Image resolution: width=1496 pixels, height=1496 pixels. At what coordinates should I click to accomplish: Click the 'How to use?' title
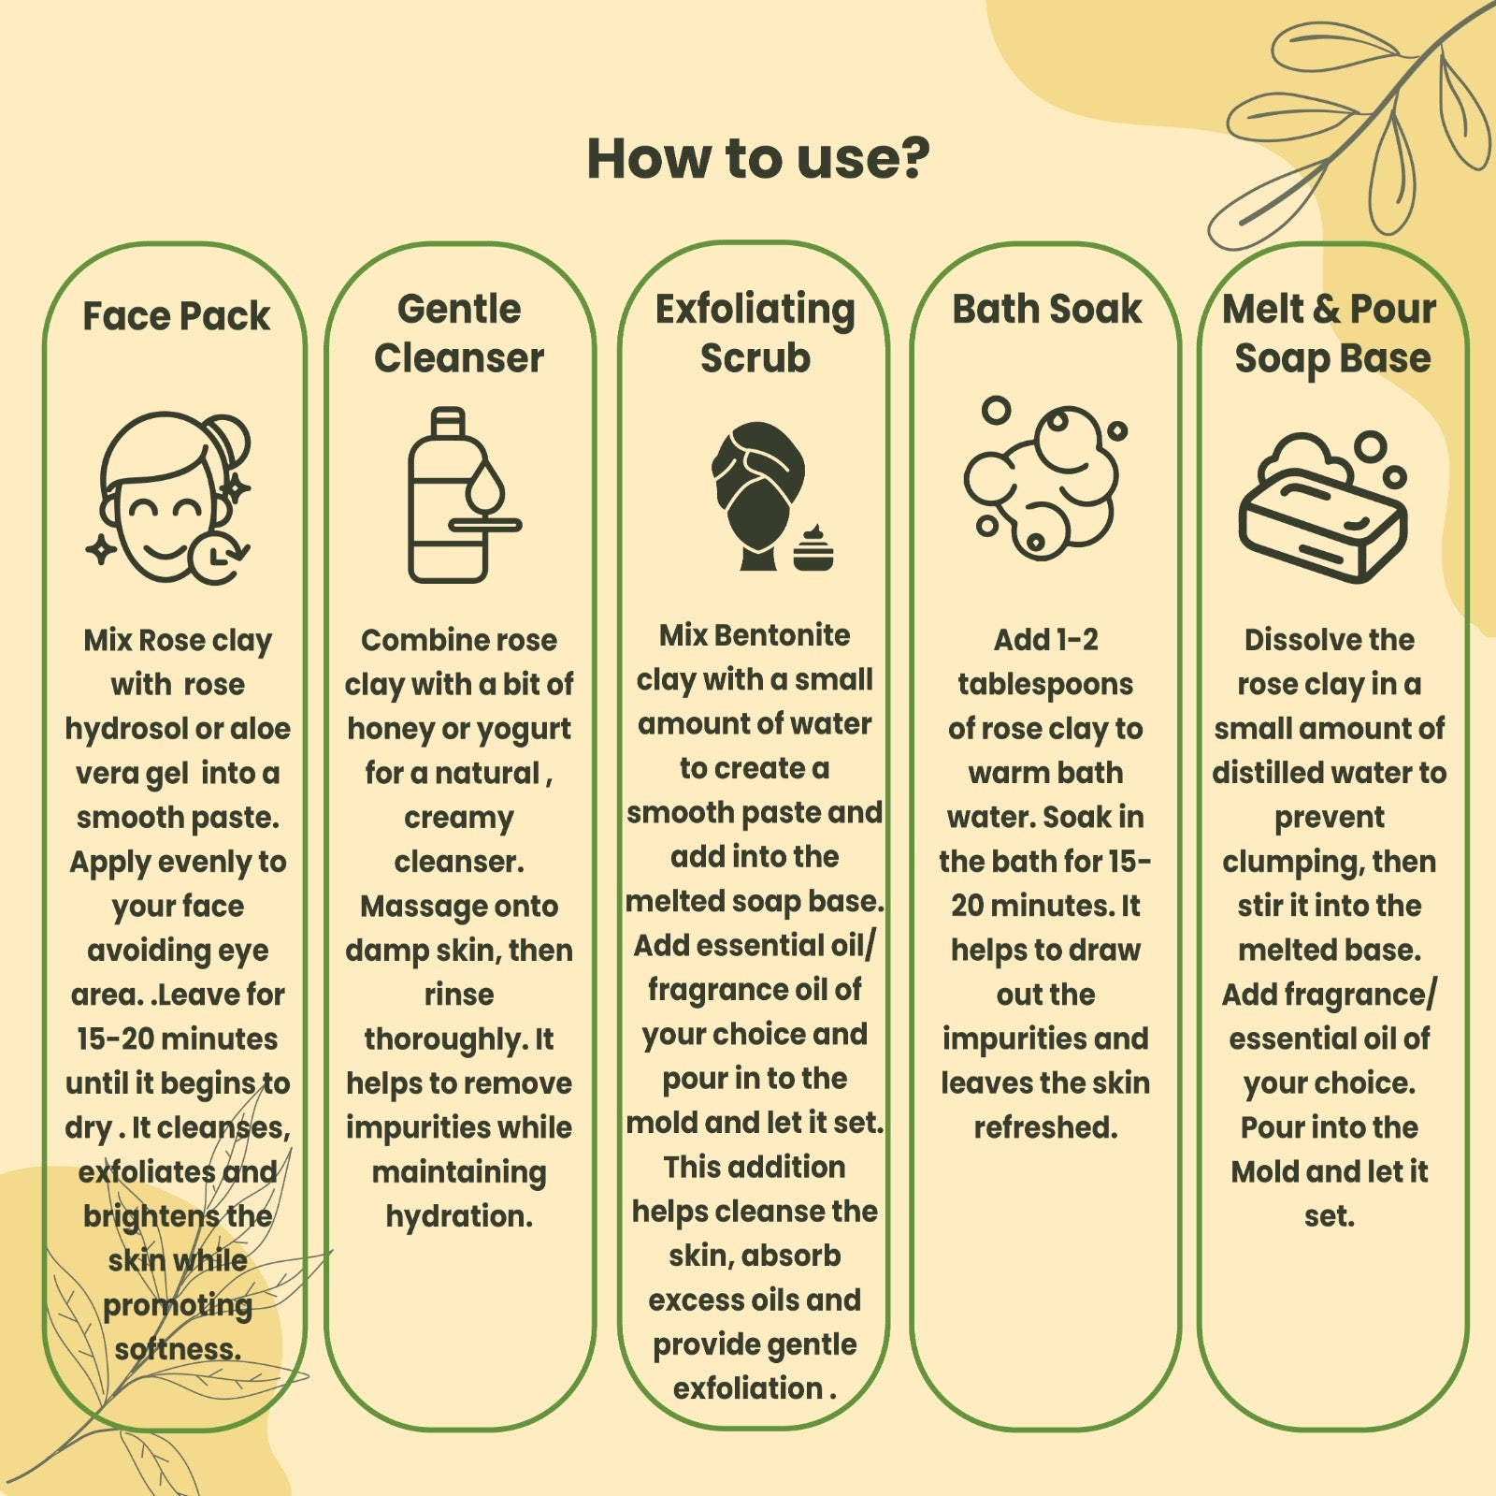(758, 158)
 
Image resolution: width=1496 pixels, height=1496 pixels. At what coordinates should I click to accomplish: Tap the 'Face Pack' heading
(176, 316)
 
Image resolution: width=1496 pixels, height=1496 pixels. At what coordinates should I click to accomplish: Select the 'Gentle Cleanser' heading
(458, 333)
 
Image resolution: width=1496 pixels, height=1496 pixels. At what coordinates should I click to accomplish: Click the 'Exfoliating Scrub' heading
(755, 333)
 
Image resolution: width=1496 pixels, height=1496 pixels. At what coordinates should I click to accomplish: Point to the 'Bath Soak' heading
(1046, 309)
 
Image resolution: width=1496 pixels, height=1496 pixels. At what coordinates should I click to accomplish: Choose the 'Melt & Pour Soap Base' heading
(1330, 333)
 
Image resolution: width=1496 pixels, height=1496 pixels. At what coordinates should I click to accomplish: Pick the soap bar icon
(1323, 507)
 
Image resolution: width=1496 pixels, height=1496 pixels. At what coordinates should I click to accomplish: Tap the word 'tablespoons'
(1045, 685)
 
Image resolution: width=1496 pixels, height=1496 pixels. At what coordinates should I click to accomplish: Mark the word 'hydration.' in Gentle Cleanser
(459, 1216)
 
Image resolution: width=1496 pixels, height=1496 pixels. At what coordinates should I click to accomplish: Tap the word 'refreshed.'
(1045, 1127)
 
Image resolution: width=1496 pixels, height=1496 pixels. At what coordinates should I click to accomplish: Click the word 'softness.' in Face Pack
(178, 1349)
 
